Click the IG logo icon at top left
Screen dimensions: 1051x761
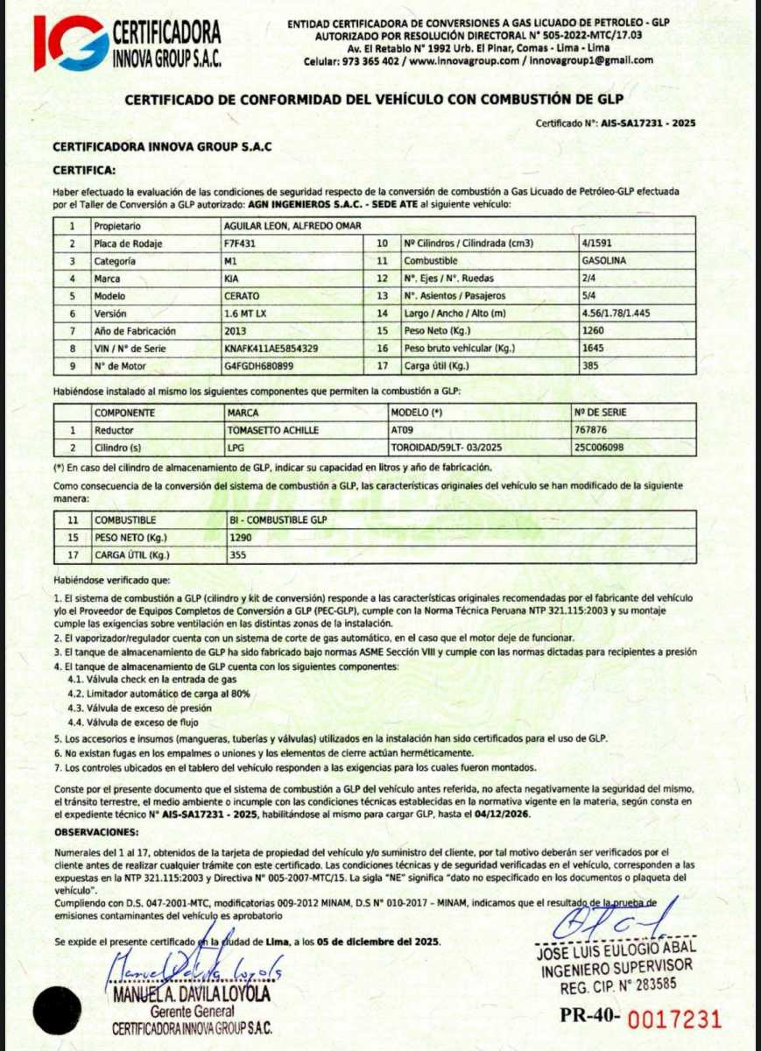click(x=69, y=42)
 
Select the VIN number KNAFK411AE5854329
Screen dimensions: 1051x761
click(x=271, y=349)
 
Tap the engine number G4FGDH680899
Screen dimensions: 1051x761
click(x=258, y=366)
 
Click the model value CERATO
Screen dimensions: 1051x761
click(x=243, y=296)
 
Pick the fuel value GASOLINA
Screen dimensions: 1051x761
click(x=604, y=261)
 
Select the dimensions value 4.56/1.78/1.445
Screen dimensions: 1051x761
click(x=617, y=314)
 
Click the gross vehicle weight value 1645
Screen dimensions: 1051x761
click(x=593, y=349)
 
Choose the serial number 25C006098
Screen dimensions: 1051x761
click(x=600, y=447)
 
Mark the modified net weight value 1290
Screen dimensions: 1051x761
click(x=240, y=537)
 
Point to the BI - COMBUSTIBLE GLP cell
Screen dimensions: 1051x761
click(x=277, y=520)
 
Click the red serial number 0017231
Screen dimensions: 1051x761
click(x=676, y=1019)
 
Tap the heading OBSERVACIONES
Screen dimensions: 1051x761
click(x=96, y=831)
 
